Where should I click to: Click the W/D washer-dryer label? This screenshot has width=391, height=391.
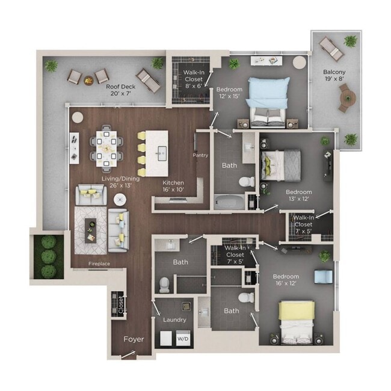tap(182, 339)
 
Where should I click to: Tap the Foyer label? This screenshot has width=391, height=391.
tap(134, 339)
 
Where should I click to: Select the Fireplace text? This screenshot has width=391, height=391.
tap(99, 263)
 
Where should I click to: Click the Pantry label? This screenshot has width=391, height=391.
tap(200, 155)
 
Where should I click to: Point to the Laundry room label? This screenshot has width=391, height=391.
tap(174, 319)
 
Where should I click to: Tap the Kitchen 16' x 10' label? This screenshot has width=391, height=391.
tap(174, 186)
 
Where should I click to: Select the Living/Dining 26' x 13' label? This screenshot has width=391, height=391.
tap(104, 182)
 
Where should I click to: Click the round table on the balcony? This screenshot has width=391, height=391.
tap(346, 97)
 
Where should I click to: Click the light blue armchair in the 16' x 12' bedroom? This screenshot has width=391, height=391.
tap(323, 276)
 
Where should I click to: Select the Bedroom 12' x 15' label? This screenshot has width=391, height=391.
tap(229, 94)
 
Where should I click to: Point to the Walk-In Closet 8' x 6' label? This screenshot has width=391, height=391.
tap(192, 79)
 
